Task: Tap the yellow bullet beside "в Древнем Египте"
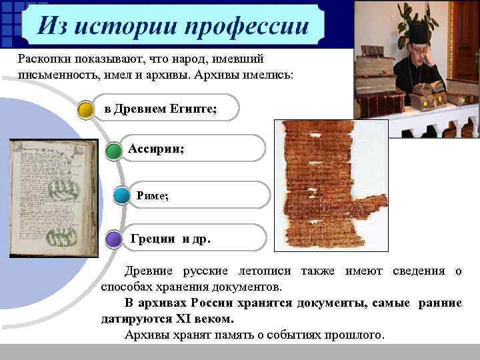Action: (x=86, y=109)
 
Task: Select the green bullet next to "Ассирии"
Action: (x=113, y=150)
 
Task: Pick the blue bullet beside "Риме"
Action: (x=121, y=196)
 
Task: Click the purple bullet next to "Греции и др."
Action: (x=113, y=239)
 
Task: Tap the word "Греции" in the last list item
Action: (x=153, y=238)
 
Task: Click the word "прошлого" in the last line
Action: (x=355, y=334)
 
